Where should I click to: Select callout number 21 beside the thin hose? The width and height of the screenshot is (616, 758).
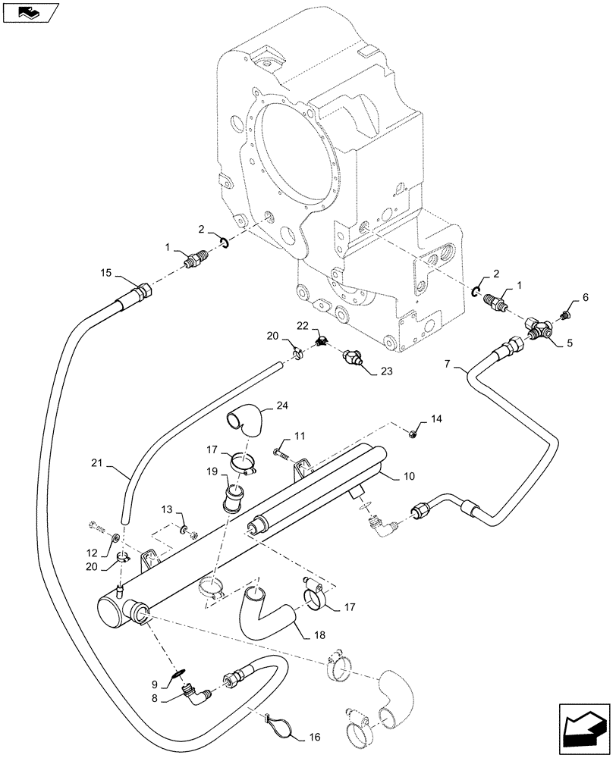[100, 462]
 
